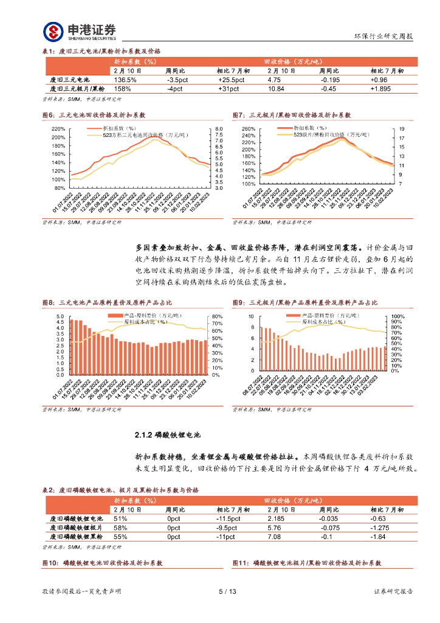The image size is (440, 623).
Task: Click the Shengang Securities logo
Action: [79, 31]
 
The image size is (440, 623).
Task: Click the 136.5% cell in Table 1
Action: [125, 80]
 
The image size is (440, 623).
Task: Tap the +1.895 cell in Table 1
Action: [382, 89]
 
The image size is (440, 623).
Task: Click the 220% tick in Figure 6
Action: [58, 129]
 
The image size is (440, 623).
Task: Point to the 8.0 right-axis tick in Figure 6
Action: [219, 129]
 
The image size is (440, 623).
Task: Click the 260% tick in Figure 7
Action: [249, 129]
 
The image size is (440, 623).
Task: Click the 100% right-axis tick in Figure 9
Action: [397, 316]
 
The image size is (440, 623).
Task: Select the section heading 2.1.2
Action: [167, 435]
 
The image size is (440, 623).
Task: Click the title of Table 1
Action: [101, 51]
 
